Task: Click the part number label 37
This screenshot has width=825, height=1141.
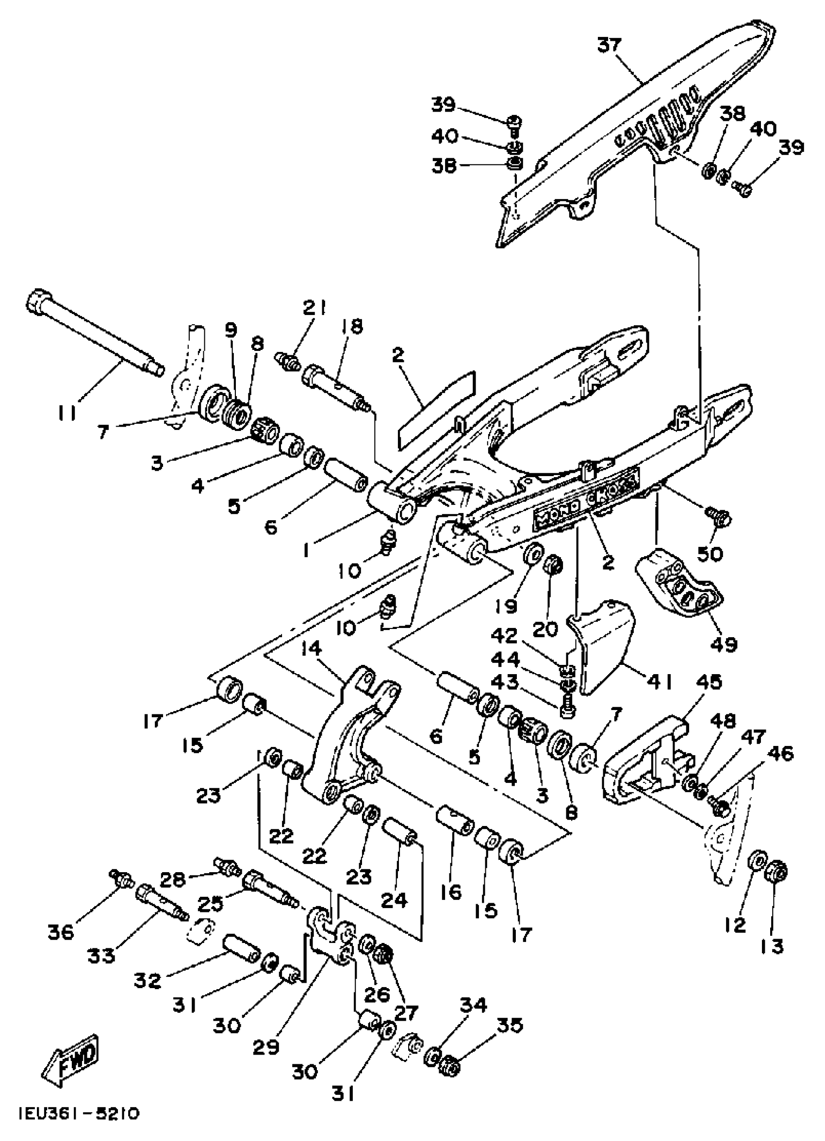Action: point(610,45)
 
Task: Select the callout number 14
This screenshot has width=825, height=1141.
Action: point(312,649)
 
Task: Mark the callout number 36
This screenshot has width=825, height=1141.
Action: point(61,932)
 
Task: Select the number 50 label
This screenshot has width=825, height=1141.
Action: point(709,554)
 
